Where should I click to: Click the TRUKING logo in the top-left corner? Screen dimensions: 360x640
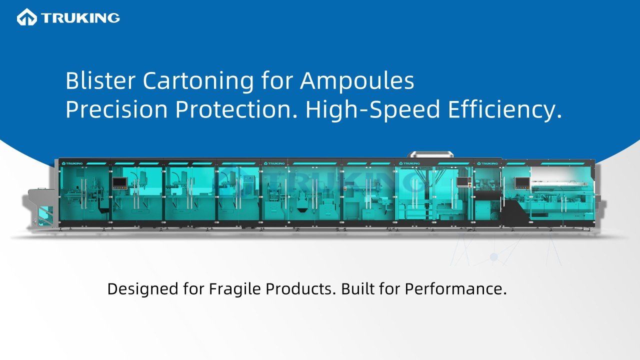pos(68,18)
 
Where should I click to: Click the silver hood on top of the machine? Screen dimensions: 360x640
pos(431,154)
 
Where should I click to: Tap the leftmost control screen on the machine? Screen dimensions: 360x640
pos(119,183)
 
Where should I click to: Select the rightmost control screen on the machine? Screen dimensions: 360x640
pos(522,183)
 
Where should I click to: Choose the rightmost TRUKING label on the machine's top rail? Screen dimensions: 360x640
pos(488,163)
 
